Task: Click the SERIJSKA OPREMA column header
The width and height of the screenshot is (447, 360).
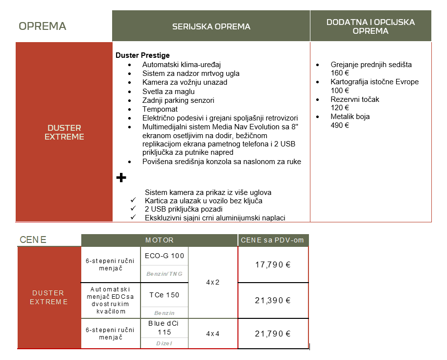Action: [x=211, y=26]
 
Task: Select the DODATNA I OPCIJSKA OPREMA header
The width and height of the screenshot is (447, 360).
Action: [x=370, y=26]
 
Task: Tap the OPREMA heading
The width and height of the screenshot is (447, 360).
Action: [x=42, y=26]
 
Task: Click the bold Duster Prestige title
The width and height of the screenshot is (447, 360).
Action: [x=142, y=55]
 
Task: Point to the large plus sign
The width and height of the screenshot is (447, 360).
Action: [x=121, y=177]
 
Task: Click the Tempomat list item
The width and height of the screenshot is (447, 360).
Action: [x=160, y=109]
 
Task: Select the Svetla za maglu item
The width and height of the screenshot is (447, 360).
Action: [x=168, y=91]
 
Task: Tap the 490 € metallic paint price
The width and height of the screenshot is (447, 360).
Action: [x=340, y=125]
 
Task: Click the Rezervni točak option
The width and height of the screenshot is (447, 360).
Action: [x=354, y=99]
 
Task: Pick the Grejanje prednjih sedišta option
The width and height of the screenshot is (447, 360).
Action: [x=371, y=65]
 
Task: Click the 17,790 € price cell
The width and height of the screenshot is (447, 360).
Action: [x=273, y=264]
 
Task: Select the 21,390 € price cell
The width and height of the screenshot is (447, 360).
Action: [x=273, y=300]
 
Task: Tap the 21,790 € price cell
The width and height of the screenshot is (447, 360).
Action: [x=273, y=334]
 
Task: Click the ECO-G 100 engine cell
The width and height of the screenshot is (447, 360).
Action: [x=164, y=256]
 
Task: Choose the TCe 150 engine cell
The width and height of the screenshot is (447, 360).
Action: [x=164, y=295]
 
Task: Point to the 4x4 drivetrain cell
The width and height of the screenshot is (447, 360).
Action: [x=213, y=334]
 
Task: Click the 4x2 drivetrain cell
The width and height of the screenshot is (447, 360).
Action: [x=213, y=282]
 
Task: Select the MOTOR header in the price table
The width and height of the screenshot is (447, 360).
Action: [x=159, y=240]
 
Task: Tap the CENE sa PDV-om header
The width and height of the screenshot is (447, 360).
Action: [x=273, y=240]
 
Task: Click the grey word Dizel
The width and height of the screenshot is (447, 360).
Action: [x=164, y=343]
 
